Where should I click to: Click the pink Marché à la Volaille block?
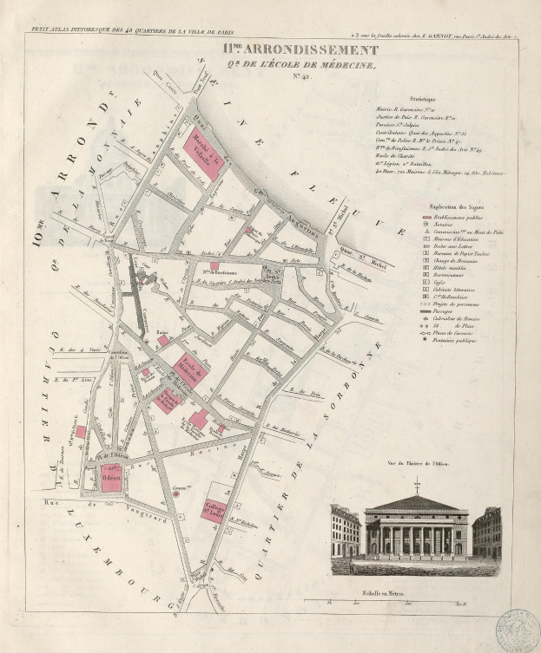click(x=201, y=155)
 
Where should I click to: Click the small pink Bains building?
click(x=163, y=341)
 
